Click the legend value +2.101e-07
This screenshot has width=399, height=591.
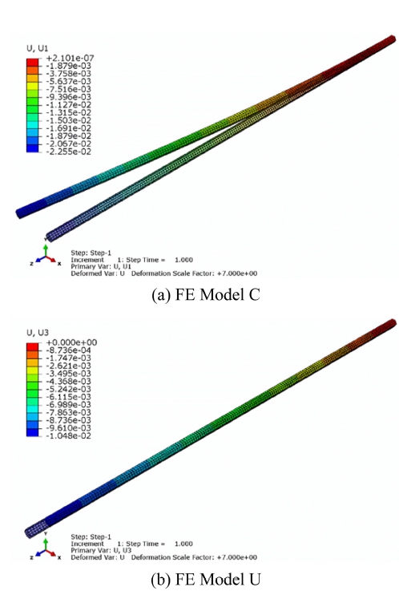pyautogui.click(x=70, y=58)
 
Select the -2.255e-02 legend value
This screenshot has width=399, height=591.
pyautogui.click(x=69, y=152)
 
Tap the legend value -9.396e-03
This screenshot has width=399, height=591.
pyautogui.click(x=69, y=97)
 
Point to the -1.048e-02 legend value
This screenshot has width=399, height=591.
pyautogui.click(x=69, y=435)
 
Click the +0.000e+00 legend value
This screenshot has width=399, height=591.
pyautogui.click(x=71, y=342)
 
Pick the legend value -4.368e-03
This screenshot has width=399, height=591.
pyautogui.click(x=69, y=381)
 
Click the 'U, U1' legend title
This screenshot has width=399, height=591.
pyautogui.click(x=37, y=48)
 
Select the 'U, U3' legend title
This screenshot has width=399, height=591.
pyautogui.click(x=38, y=333)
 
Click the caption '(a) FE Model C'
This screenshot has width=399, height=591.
pyautogui.click(x=206, y=295)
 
